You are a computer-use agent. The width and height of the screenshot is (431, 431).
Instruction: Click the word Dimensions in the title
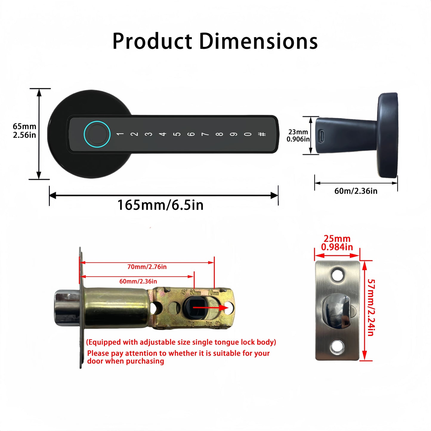pos(258,41)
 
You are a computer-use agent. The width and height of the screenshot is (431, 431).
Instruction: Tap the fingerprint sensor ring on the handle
pos(97,134)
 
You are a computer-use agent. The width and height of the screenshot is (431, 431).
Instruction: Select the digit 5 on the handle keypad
pos(177,134)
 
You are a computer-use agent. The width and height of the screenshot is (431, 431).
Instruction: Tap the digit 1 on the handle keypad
pos(120,134)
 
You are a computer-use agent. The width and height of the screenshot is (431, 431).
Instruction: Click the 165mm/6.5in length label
pos(160,205)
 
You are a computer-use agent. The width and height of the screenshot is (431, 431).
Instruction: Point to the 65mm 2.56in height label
pos(24,131)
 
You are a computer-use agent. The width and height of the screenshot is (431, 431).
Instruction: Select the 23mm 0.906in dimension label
pos(298,135)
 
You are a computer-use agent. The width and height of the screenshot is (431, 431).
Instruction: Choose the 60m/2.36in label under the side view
pos(356,191)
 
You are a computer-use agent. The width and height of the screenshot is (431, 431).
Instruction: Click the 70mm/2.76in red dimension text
pos(147,267)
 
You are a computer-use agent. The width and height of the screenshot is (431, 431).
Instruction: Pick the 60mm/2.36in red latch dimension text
pos(138,281)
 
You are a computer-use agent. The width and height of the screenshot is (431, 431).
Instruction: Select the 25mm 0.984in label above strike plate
pos(337,243)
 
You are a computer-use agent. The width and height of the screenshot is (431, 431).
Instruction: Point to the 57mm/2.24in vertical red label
pos(371,307)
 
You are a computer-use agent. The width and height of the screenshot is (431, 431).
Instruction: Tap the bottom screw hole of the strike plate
pos(337,347)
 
